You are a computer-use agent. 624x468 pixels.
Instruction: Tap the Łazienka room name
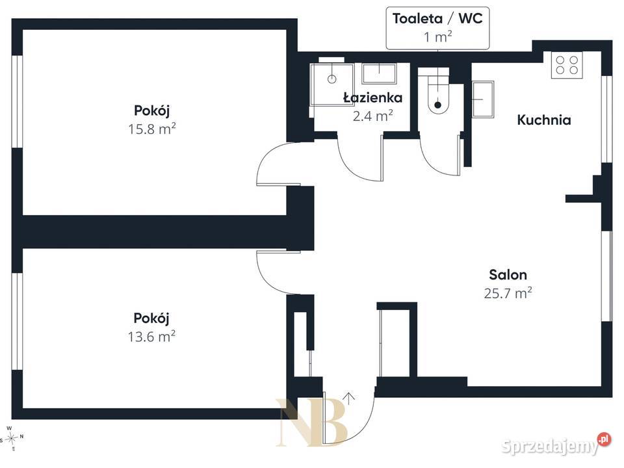[x=373, y=97]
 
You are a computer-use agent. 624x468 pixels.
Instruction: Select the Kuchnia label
[x=543, y=120]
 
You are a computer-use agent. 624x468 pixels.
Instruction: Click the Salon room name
[x=508, y=274]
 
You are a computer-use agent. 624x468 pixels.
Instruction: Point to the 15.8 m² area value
[x=151, y=129]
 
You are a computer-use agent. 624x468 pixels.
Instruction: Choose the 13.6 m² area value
[x=151, y=337]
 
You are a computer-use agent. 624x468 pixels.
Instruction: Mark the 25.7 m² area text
[x=508, y=293]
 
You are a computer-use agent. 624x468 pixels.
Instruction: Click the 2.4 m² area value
[x=373, y=116]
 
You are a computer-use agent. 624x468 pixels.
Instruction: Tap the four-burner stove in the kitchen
[x=567, y=65]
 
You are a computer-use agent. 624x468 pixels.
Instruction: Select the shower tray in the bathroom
[x=331, y=84]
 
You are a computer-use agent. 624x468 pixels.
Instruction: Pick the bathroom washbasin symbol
[x=379, y=73]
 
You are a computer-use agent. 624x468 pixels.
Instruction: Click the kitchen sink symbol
[x=483, y=99]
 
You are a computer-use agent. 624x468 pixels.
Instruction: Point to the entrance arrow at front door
[x=348, y=398]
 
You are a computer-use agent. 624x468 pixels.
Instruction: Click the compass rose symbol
[x=12, y=438]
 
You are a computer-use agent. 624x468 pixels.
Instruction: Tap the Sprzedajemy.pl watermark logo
[x=556, y=445]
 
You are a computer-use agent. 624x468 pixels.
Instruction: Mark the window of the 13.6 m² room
[x=17, y=321]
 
